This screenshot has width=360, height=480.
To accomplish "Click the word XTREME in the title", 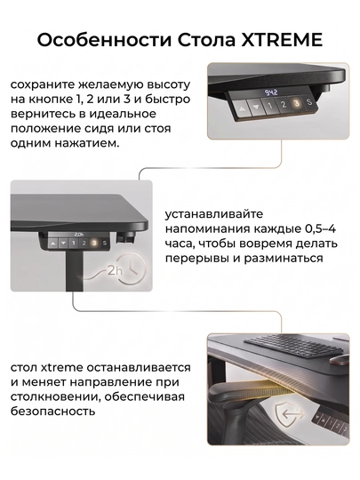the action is (282, 40).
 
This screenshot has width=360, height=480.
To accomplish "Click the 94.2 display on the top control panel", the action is (270, 92).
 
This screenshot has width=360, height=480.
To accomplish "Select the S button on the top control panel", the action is (309, 101).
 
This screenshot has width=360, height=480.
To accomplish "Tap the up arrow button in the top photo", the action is (242, 108).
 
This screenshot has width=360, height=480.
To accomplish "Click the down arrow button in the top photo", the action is (256, 107).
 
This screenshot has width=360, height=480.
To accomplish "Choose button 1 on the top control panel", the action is (270, 106).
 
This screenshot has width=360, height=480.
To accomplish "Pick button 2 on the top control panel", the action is (284, 105).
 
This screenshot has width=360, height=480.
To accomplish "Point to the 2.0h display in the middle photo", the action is (79, 235).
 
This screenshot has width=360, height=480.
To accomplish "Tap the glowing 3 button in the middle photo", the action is (94, 243).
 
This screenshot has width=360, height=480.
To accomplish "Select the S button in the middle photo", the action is (105, 243).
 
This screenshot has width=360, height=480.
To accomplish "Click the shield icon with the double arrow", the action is (289, 415).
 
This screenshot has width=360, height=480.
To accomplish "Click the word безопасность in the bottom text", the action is (52, 412).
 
